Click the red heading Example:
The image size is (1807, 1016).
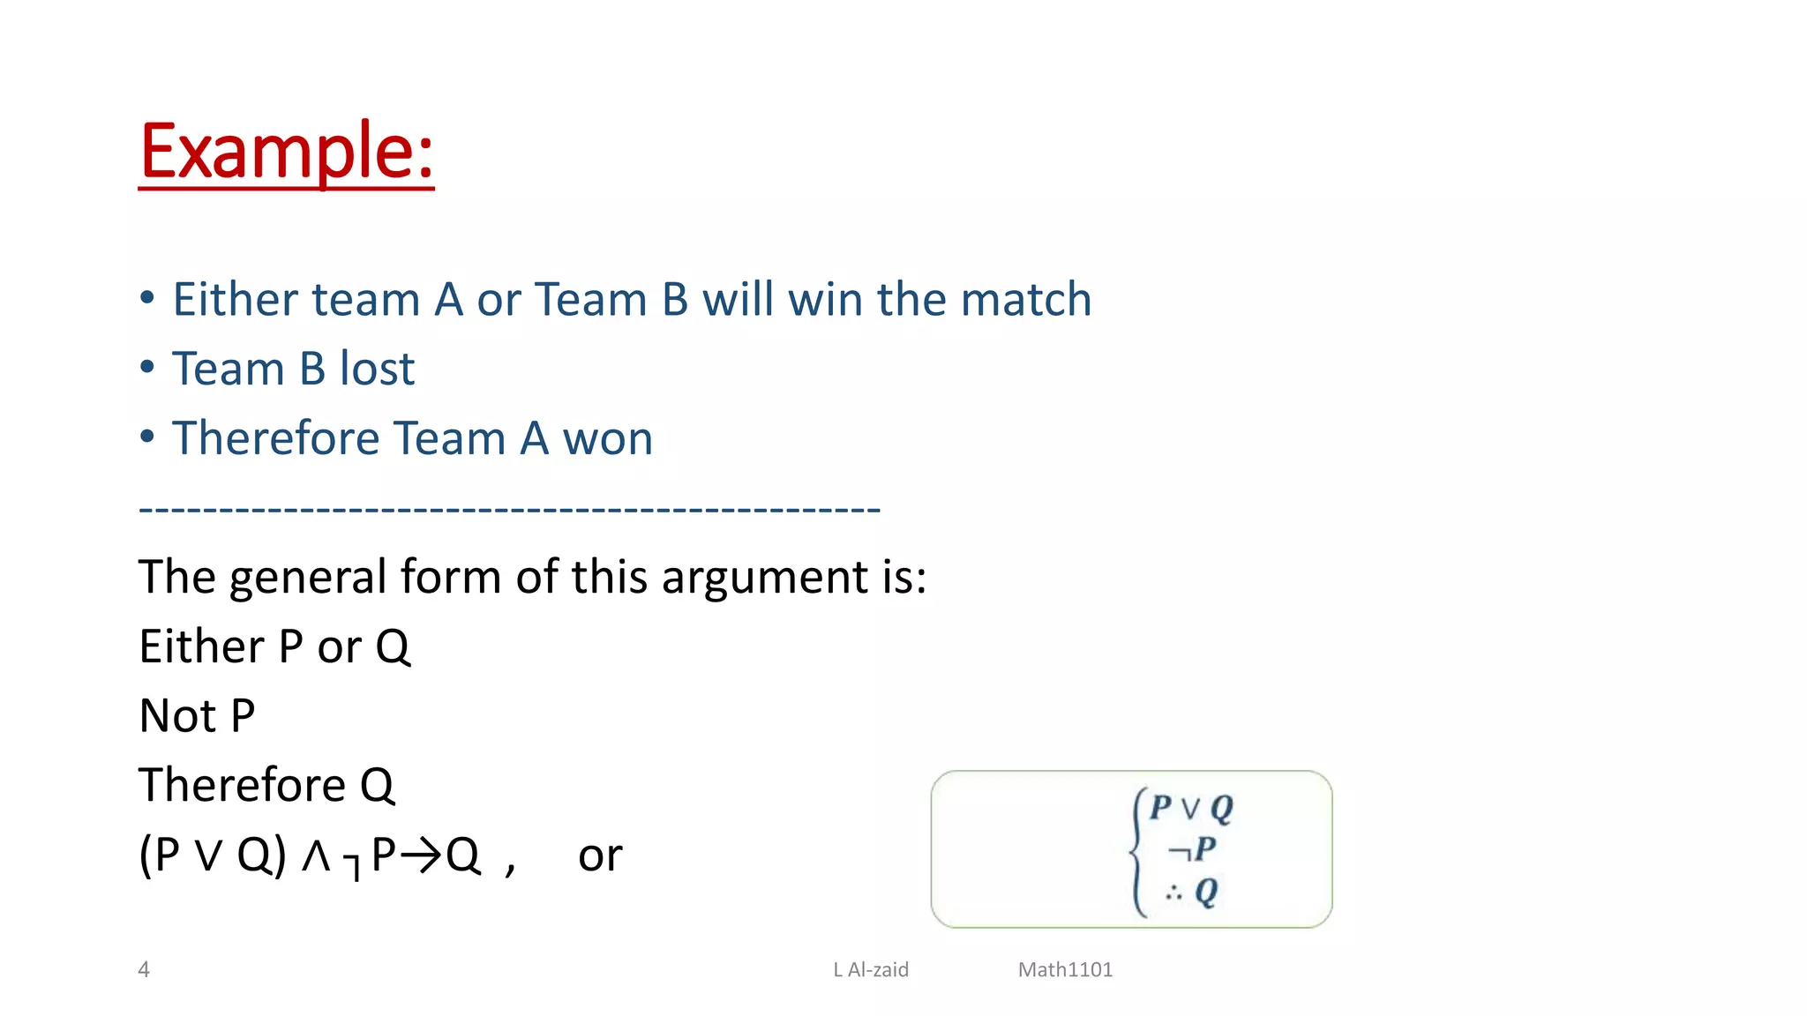286,152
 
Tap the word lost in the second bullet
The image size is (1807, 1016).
377,369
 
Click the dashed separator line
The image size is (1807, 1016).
509,509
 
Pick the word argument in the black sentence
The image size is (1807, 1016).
761,578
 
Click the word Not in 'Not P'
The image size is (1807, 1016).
179,716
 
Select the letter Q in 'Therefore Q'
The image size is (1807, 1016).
377,787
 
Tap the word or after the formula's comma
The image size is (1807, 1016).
600,855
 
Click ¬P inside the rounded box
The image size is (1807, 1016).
1192,849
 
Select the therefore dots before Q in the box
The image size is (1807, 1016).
1173,893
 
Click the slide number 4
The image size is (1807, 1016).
144,970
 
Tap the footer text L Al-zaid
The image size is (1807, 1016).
871,970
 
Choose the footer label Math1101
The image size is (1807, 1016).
1065,970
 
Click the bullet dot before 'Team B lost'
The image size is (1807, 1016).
147,367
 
